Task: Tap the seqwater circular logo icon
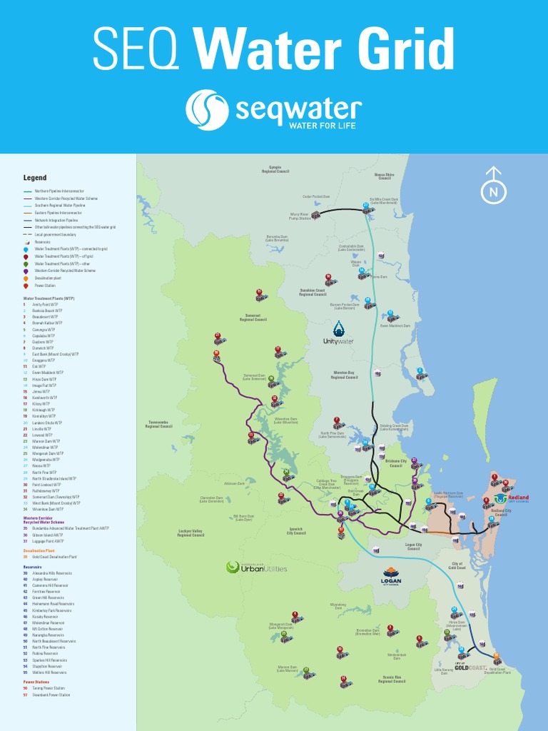[x=207, y=111]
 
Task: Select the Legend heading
[x=34, y=178]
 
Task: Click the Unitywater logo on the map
[x=339, y=333]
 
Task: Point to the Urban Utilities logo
[x=256, y=568]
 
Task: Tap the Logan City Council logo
[x=390, y=576]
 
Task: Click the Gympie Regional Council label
[x=274, y=169]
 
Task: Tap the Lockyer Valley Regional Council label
[x=191, y=533]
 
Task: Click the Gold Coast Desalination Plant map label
[x=497, y=671]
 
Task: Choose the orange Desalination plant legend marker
[x=26, y=278]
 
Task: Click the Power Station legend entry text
[x=45, y=286]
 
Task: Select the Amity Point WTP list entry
[x=41, y=305]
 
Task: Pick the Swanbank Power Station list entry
[x=51, y=695]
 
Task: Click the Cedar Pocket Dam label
[x=316, y=196]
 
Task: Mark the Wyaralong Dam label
[x=338, y=605]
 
